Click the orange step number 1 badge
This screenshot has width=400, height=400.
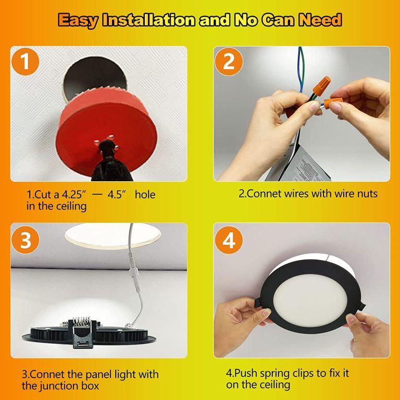(25, 61)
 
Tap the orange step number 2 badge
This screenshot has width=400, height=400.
(229, 61)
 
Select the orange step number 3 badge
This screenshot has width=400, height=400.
(25, 240)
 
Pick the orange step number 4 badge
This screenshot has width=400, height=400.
(229, 240)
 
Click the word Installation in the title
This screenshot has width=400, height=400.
(148, 20)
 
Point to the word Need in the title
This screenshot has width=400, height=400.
(320, 20)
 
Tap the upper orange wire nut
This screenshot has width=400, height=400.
(321, 86)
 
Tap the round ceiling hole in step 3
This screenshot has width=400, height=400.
(113, 235)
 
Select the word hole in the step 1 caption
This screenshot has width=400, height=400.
(145, 195)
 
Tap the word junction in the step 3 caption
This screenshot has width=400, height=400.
(59, 386)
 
